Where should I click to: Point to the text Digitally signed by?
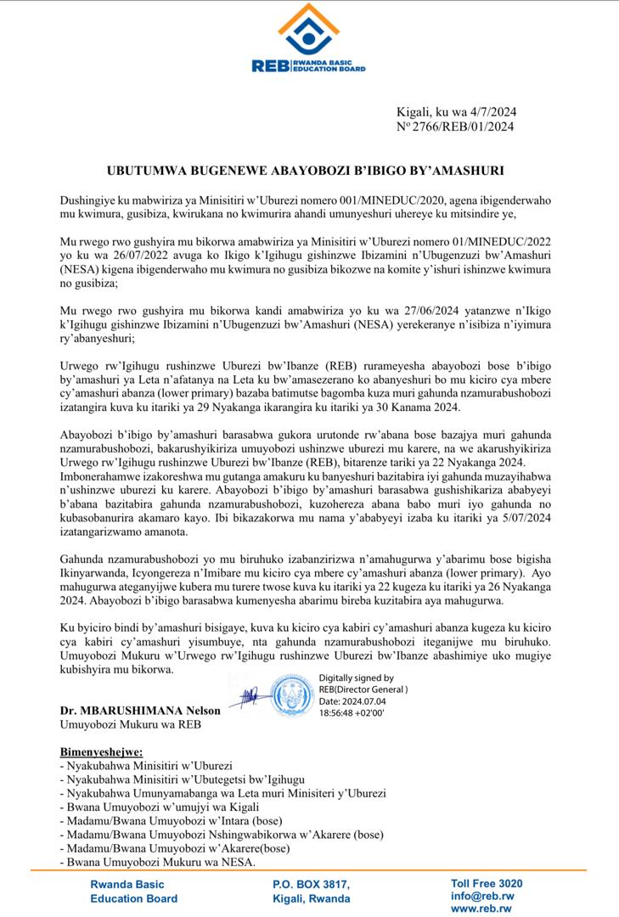pyautogui.click(x=356, y=678)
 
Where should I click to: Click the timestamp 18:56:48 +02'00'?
pyautogui.click(x=352, y=714)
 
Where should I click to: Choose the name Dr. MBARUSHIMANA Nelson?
pyautogui.click(x=140, y=710)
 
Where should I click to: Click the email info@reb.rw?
pyautogui.click(x=481, y=896)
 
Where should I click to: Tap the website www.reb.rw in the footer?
pyautogui.click(x=481, y=909)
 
